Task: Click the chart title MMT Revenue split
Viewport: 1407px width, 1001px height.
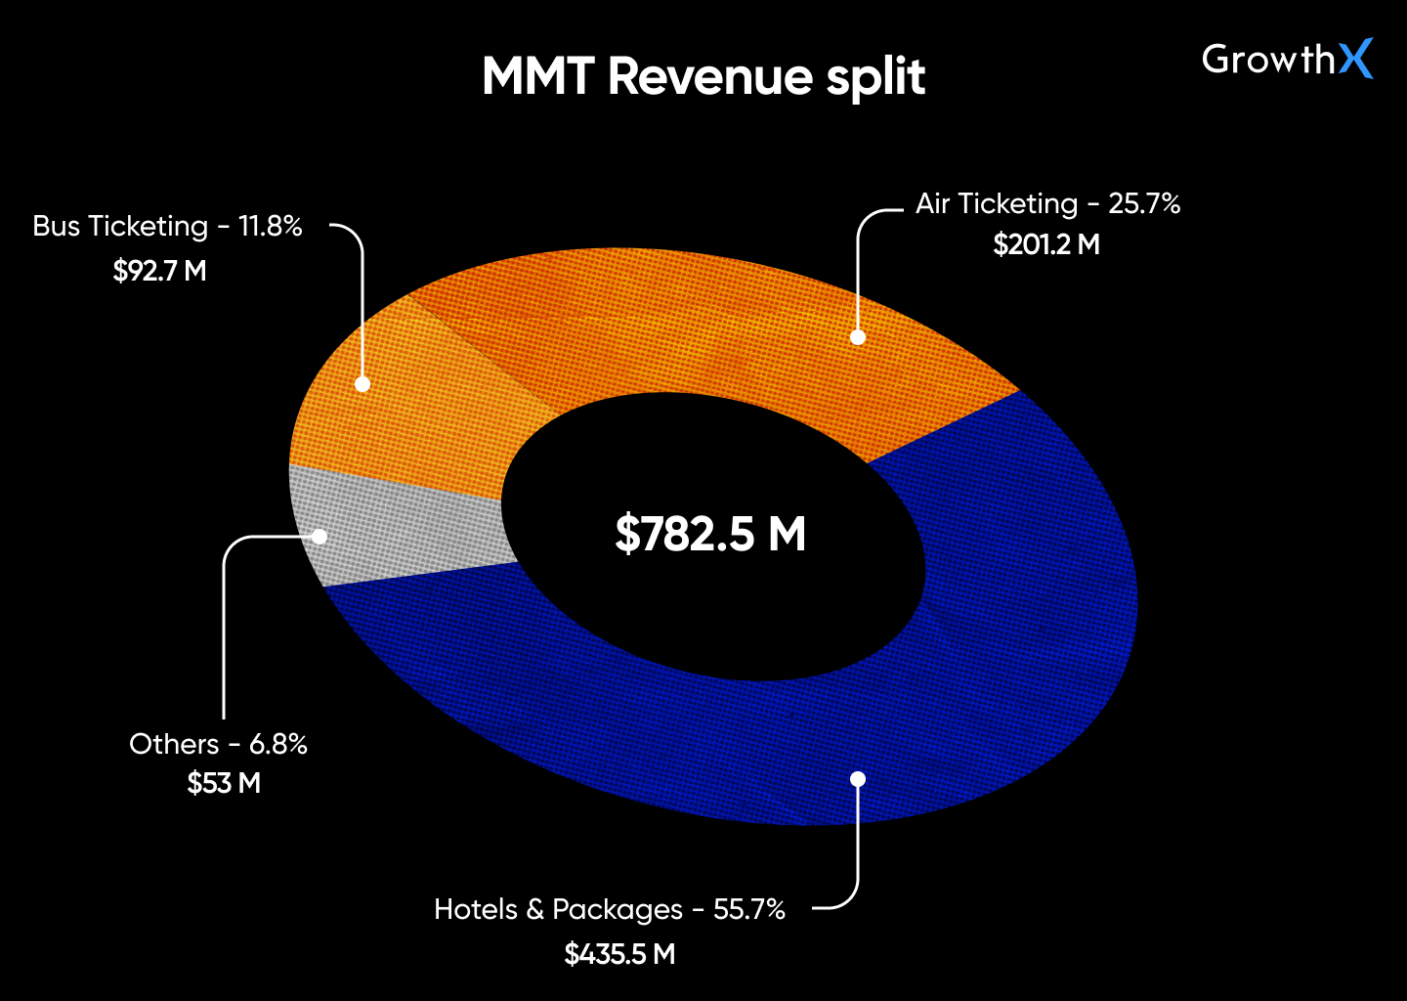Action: [x=703, y=77]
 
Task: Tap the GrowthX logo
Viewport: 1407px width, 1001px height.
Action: [x=1287, y=60]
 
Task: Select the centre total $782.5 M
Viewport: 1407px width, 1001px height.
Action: [x=710, y=535]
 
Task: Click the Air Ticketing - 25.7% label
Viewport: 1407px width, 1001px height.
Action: [x=1047, y=203]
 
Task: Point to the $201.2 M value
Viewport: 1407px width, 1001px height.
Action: [x=1046, y=244]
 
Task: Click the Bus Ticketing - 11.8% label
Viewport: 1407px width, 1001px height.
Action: [x=167, y=226]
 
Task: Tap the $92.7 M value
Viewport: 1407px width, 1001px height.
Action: [x=159, y=271]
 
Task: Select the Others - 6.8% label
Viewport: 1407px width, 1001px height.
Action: [x=218, y=744]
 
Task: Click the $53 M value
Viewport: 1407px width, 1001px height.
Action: [x=224, y=784]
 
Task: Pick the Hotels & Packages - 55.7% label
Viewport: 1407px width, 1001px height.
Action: [x=609, y=909]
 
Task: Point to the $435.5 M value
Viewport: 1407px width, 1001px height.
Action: [x=619, y=954]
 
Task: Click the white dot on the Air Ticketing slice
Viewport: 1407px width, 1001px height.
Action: [x=858, y=337]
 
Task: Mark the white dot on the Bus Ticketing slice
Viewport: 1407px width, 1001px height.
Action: [x=362, y=384]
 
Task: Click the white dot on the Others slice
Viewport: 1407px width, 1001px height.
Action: [x=320, y=537]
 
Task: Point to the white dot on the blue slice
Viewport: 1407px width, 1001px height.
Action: [x=858, y=779]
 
